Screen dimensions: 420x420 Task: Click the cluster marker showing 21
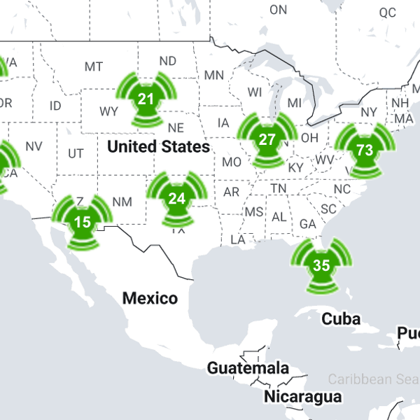point(146,99)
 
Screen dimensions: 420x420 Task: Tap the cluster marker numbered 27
point(267,139)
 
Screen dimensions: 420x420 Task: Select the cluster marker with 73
point(364,150)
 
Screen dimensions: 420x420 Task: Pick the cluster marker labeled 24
point(176,198)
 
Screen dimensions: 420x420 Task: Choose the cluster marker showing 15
point(83,223)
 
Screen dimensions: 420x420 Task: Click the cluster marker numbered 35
point(321,265)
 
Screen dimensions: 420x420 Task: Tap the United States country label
point(158,147)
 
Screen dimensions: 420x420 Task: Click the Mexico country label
point(150,298)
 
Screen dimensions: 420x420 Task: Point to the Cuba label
point(341,319)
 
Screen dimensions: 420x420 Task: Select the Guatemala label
point(248,368)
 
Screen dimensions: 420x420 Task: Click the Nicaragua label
point(302,397)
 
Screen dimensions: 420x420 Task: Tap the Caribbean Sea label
point(374,379)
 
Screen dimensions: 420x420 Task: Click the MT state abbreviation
point(94,66)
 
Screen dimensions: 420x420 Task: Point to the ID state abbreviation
point(55,106)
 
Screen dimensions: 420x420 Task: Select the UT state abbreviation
point(76,153)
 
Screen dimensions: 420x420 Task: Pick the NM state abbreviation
point(122,202)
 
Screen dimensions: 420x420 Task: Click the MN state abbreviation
point(213,75)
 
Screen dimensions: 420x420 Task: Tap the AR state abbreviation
point(232,192)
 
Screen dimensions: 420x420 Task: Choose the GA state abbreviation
point(307,224)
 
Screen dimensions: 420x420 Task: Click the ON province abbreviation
point(278,10)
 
